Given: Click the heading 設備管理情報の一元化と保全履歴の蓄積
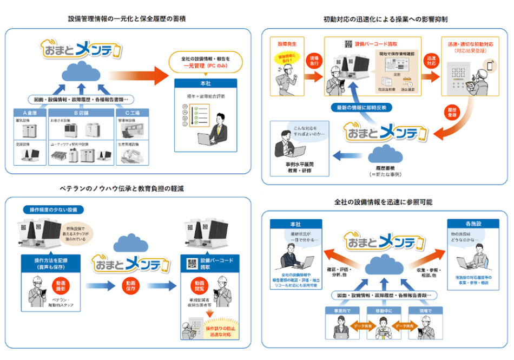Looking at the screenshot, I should click(x=127, y=18).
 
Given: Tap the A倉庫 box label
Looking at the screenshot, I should click(x=32, y=113).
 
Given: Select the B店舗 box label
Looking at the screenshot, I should click(x=80, y=113).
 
